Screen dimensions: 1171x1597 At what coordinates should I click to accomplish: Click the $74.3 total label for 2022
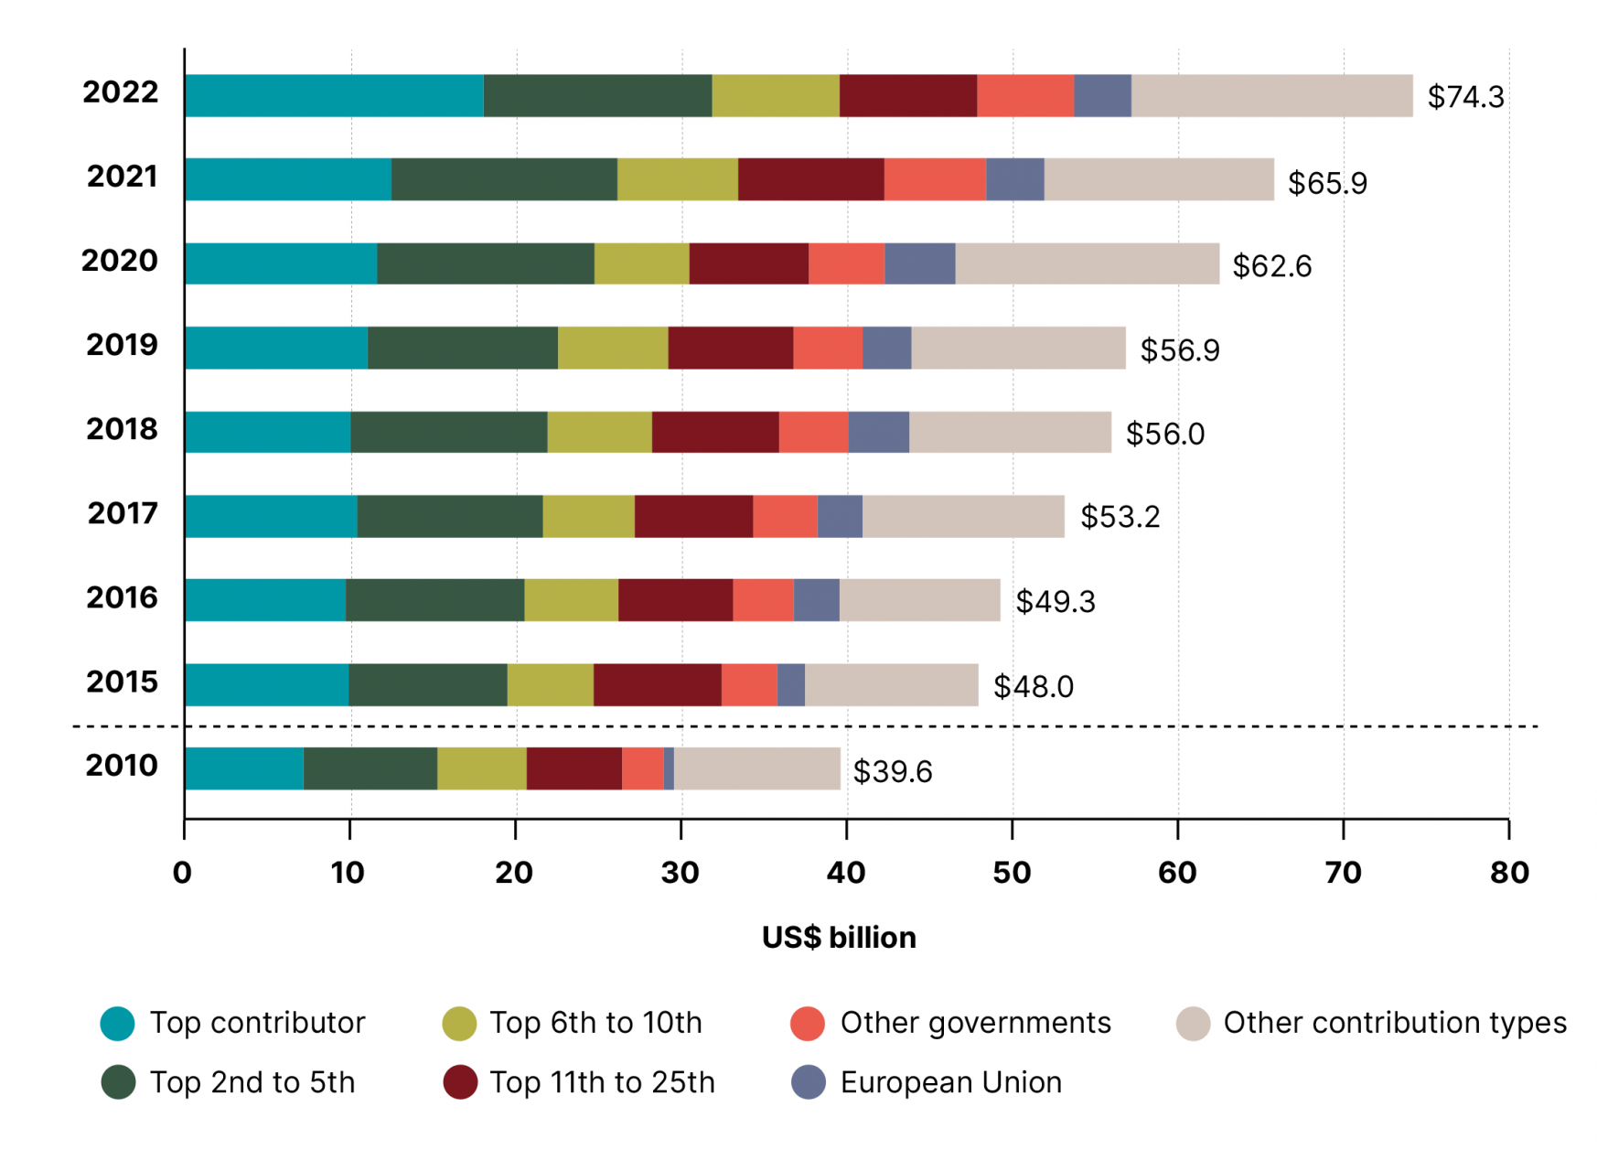(1464, 97)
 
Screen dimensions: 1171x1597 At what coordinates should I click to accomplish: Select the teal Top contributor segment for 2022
(334, 96)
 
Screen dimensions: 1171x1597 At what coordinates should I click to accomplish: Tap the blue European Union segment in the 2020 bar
(919, 263)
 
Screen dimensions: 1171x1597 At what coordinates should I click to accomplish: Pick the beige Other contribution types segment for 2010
(756, 768)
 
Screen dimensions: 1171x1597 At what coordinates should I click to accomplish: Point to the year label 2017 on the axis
(123, 513)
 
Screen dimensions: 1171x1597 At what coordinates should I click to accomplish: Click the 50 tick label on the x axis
(1012, 873)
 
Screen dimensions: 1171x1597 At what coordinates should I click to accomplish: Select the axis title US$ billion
(839, 938)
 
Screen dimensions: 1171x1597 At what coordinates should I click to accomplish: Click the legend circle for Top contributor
(118, 1023)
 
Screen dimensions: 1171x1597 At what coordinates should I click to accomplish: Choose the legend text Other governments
(975, 1023)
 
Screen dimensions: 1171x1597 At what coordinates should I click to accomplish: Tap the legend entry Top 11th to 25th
(602, 1082)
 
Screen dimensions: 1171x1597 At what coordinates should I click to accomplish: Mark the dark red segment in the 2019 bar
(730, 348)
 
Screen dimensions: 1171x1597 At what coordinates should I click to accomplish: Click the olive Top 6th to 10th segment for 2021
(677, 179)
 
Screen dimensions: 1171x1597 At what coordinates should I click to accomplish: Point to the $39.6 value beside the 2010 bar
(892, 771)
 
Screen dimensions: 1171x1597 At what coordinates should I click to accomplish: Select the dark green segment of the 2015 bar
(427, 684)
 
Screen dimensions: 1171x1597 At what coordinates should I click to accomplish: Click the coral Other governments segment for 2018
(813, 432)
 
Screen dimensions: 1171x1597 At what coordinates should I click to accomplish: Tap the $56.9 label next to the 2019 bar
(1179, 350)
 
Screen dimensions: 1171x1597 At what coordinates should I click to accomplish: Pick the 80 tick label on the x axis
(1508, 873)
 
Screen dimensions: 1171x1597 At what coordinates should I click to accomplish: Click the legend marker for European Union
(809, 1082)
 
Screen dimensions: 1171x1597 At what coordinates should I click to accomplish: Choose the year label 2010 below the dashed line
(122, 766)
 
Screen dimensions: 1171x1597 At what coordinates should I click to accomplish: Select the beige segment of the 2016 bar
(919, 600)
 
